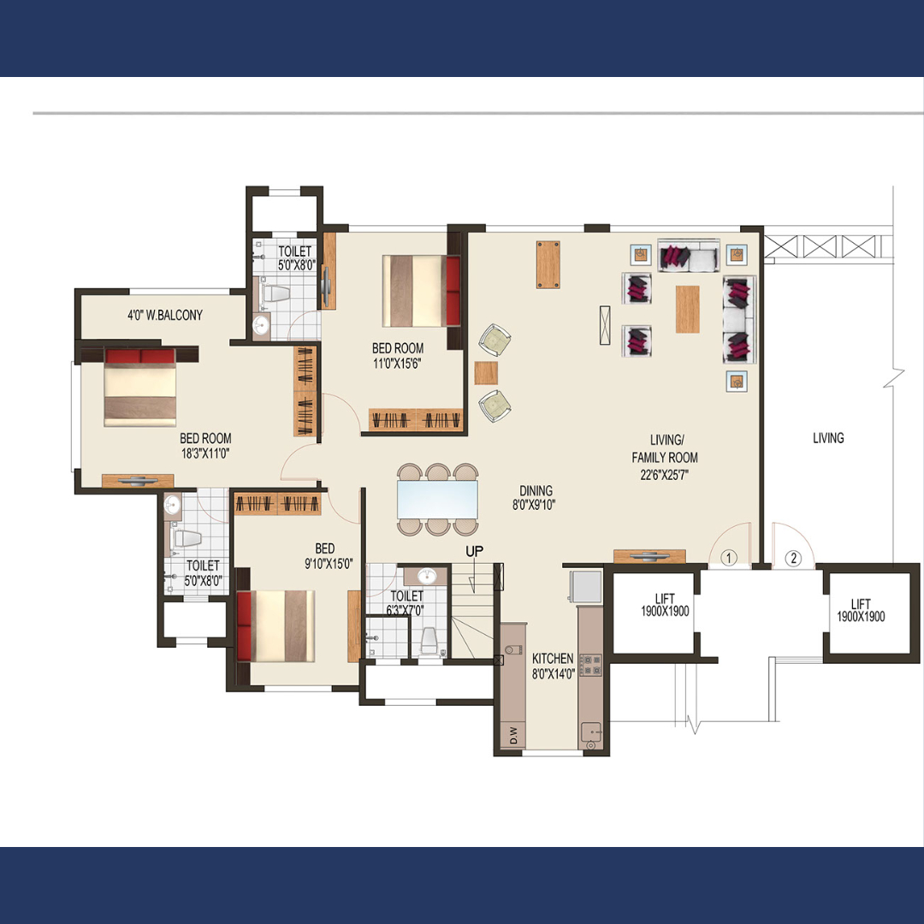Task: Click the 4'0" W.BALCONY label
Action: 165,315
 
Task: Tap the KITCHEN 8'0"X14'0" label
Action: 553,666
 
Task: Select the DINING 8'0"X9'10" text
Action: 535,497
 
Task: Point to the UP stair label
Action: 474,552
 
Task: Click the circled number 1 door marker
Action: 729,558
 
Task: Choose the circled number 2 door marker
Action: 793,558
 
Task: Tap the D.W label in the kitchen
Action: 513,736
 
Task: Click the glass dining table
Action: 437,499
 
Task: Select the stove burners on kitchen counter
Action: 591,665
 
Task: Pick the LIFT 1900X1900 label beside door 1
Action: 665,605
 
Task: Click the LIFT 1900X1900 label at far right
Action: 861,611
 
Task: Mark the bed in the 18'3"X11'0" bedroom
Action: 140,387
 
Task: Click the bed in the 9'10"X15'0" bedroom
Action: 275,625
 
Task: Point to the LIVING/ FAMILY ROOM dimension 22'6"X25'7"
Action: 664,475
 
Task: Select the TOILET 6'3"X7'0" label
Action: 406,603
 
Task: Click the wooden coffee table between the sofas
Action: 687,309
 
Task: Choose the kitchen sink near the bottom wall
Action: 590,734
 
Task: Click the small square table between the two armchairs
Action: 486,373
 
